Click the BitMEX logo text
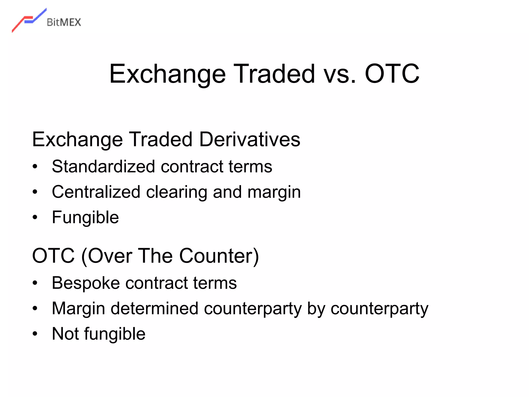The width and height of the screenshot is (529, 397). coord(64,22)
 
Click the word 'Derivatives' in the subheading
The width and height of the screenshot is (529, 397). coord(250,140)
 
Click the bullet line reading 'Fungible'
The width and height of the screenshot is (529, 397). coord(85,218)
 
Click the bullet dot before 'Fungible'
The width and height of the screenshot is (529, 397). coord(35,217)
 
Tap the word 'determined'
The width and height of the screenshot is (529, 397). coord(154,309)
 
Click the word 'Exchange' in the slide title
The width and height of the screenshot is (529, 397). coord(167,74)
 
